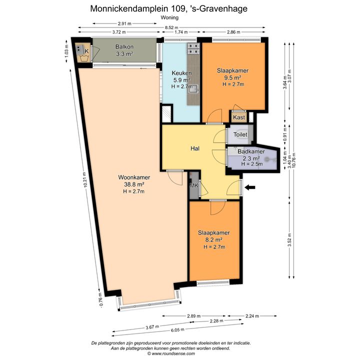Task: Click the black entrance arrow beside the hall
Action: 250,187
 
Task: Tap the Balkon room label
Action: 124,46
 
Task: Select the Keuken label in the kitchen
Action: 182,73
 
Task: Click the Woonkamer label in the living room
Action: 134,177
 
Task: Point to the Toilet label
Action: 240,134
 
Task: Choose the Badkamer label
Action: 251,151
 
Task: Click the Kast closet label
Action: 239,117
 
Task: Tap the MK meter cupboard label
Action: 194,185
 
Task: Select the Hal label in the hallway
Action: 195,148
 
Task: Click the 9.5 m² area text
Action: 232,77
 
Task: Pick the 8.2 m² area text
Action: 214,240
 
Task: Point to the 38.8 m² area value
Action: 134,184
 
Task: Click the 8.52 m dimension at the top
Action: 171,27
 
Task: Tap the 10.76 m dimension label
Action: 294,160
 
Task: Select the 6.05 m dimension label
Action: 177,330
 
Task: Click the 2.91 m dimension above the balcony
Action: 124,23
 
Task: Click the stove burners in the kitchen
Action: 194,48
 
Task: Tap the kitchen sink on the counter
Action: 193,88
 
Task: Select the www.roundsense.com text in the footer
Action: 173,354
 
